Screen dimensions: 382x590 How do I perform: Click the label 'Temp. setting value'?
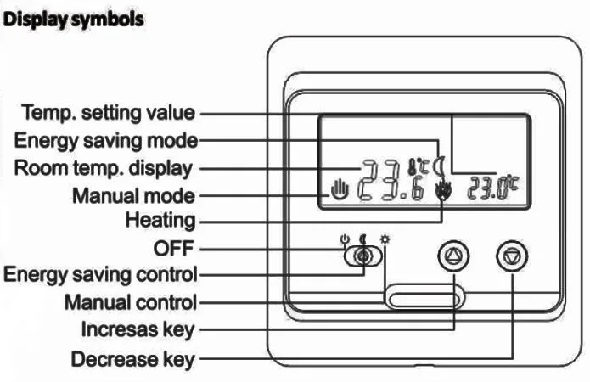[x=108, y=112]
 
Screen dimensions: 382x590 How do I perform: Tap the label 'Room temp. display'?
[x=102, y=166]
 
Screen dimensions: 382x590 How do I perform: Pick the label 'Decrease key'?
[x=132, y=359]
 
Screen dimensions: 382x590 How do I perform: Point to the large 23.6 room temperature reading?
[x=390, y=181]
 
